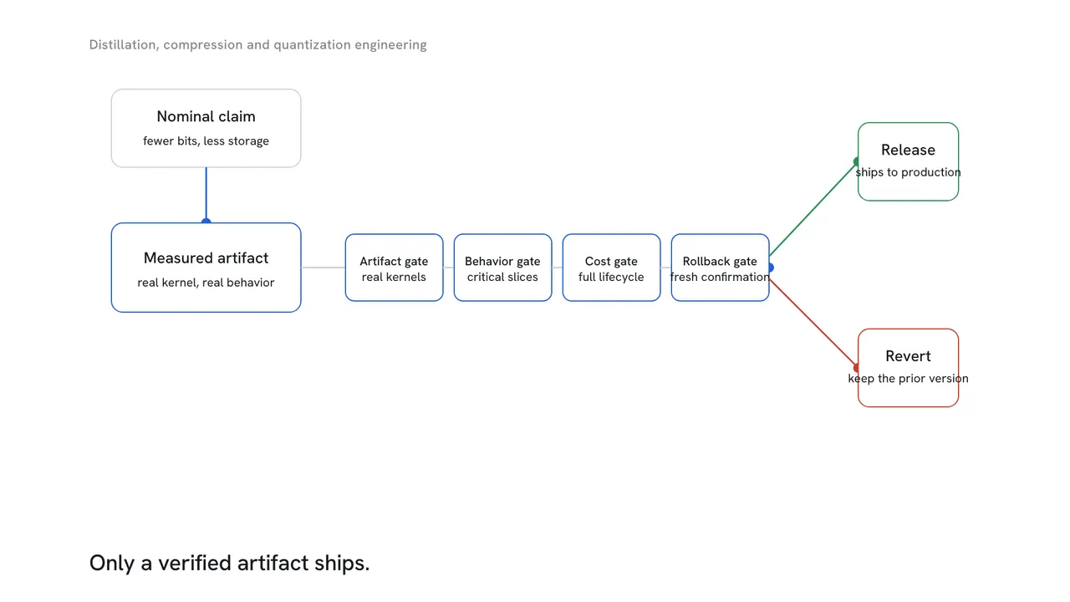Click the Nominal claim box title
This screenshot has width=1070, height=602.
tap(206, 116)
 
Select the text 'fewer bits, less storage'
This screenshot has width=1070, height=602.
tap(206, 141)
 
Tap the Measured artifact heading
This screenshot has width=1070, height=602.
tap(206, 258)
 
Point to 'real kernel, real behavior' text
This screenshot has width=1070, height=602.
tap(206, 283)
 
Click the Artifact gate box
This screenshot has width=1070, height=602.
tap(394, 268)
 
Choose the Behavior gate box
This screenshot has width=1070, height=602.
tap(502, 268)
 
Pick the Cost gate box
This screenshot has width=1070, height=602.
tap(611, 268)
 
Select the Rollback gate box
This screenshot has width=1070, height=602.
tap(720, 268)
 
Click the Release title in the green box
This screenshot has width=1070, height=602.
tap(908, 150)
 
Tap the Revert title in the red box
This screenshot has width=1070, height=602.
tap(908, 356)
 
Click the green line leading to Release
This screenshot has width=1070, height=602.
tap(813, 209)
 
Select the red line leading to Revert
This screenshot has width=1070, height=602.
tap(813, 324)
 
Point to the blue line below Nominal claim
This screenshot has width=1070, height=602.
tap(206, 194)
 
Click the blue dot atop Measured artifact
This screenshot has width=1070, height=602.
tap(206, 222)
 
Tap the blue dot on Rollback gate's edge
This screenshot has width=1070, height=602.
tap(771, 268)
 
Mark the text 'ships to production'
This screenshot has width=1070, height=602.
tap(908, 172)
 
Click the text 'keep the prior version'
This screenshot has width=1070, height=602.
tap(908, 379)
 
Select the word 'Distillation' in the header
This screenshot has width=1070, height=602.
tap(125, 45)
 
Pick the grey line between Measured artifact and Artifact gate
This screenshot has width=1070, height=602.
tap(323, 268)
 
